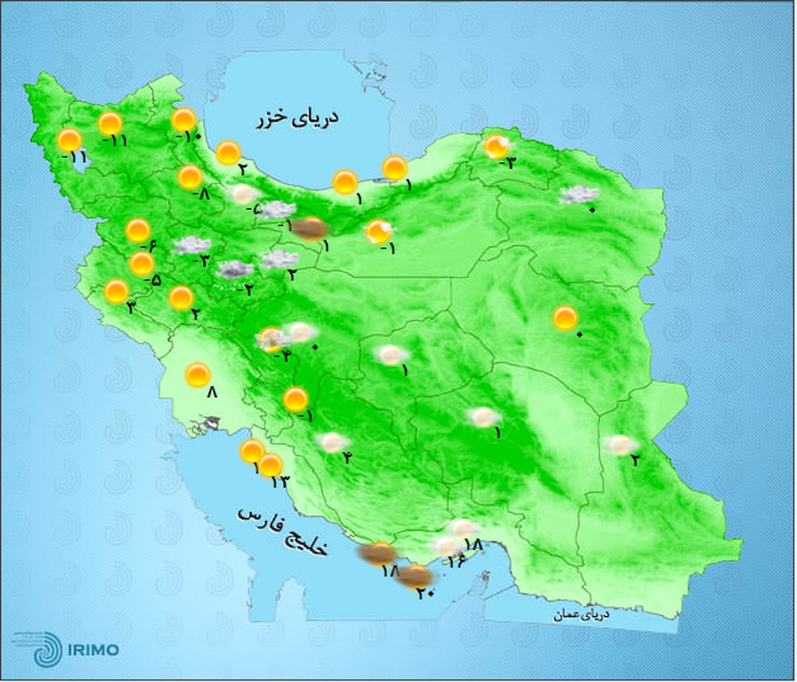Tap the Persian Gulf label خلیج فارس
(283, 531)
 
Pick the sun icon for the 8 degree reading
(197, 375)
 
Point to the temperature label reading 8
(212, 393)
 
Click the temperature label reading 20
(425, 594)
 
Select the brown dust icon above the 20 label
(415, 576)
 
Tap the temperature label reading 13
(280, 482)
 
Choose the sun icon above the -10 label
(184, 120)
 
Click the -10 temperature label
(188, 137)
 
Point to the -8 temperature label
(201, 195)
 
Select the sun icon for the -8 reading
(191, 177)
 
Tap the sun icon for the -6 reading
(138, 230)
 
